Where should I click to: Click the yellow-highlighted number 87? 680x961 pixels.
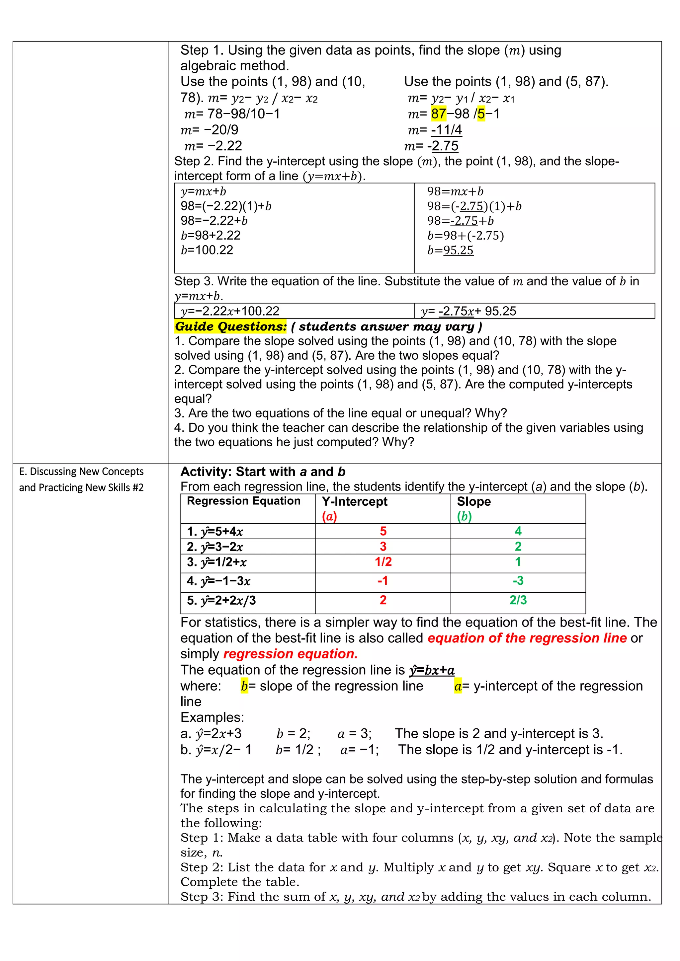coord(438,114)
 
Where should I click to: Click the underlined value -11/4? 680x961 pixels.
coord(446,130)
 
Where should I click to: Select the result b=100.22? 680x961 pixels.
coord(207,250)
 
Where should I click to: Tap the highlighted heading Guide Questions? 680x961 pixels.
coord(231,327)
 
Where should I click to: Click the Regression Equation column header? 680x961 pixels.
coord(244,501)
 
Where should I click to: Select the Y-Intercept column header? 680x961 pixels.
coord(355,501)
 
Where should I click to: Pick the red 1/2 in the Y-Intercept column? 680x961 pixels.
coord(383,562)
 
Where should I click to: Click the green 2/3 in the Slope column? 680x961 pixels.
coord(518,600)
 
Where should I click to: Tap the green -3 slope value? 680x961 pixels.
coord(518,580)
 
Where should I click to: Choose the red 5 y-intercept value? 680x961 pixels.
coord(383,531)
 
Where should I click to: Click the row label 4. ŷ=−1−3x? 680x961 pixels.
coord(218,581)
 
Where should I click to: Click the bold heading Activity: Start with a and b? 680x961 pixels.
coord(263,472)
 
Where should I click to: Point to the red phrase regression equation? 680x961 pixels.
coord(290,654)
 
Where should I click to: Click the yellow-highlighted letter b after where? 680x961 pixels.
coord(244,686)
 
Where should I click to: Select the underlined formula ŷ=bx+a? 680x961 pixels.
coord(432,670)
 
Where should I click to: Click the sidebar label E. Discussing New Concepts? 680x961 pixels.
coord(81,472)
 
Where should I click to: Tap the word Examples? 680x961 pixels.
coord(212,717)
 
